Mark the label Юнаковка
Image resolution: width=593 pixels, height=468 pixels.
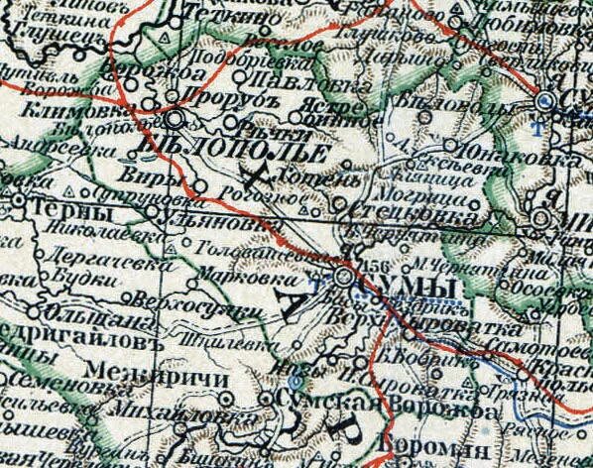point(491,154)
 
